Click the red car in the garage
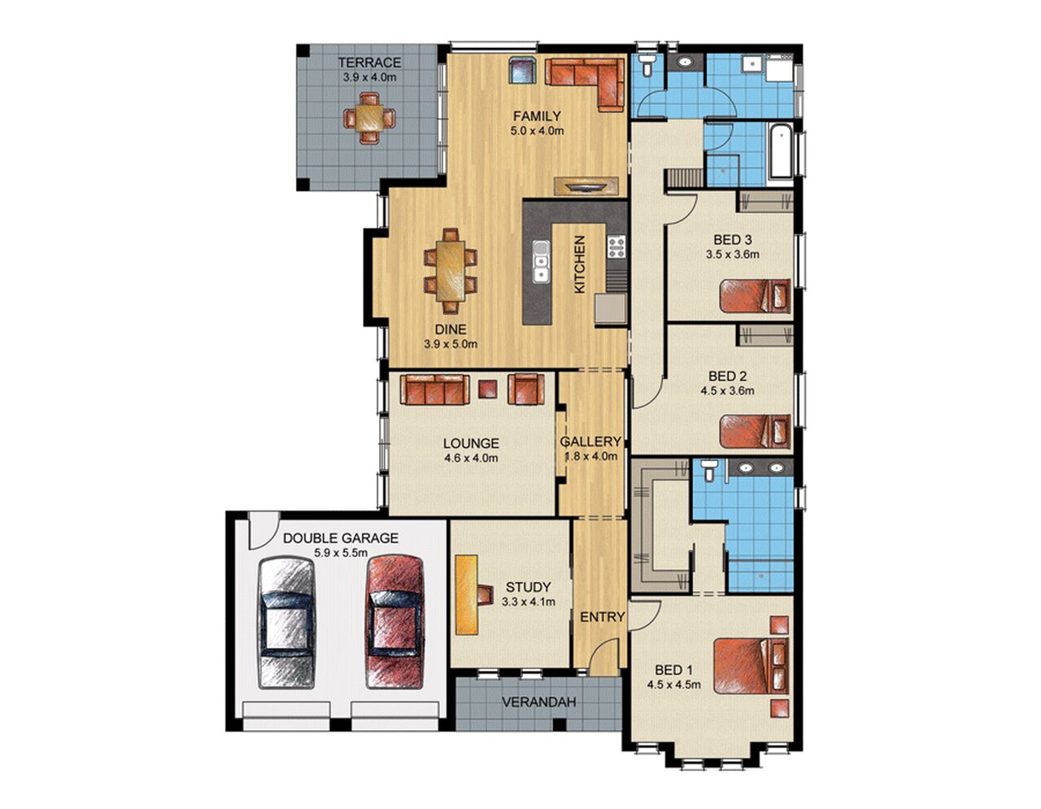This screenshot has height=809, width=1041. click(395, 622)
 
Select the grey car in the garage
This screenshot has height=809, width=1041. click(286, 624)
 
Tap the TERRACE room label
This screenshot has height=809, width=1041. click(369, 63)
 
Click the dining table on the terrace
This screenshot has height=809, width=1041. click(369, 119)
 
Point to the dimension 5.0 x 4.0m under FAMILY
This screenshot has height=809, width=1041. click(537, 130)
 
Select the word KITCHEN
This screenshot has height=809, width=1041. click(580, 264)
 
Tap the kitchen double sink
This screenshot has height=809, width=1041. click(540, 262)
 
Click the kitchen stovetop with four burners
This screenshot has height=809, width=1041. click(616, 246)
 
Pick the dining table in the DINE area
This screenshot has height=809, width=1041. click(451, 271)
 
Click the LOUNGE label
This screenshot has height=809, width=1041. click(471, 443)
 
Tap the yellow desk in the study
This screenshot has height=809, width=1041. click(467, 594)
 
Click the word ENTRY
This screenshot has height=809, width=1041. click(602, 617)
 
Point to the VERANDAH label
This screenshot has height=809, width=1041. click(538, 702)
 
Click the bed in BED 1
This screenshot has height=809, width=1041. click(750, 666)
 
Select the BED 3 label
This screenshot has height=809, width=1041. click(732, 240)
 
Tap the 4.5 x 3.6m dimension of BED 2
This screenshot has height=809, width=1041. click(727, 390)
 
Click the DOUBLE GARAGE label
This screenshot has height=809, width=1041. click(340, 538)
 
